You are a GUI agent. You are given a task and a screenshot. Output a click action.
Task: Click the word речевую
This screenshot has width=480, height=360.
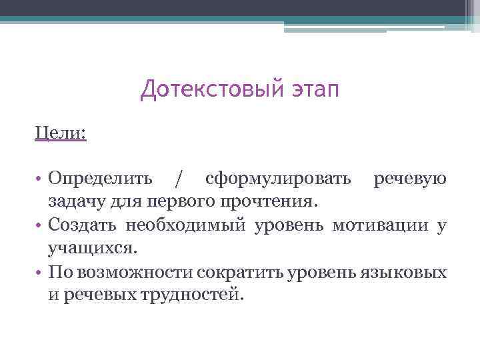point(409,179)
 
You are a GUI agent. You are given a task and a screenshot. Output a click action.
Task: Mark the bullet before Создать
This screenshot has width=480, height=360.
point(40,225)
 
